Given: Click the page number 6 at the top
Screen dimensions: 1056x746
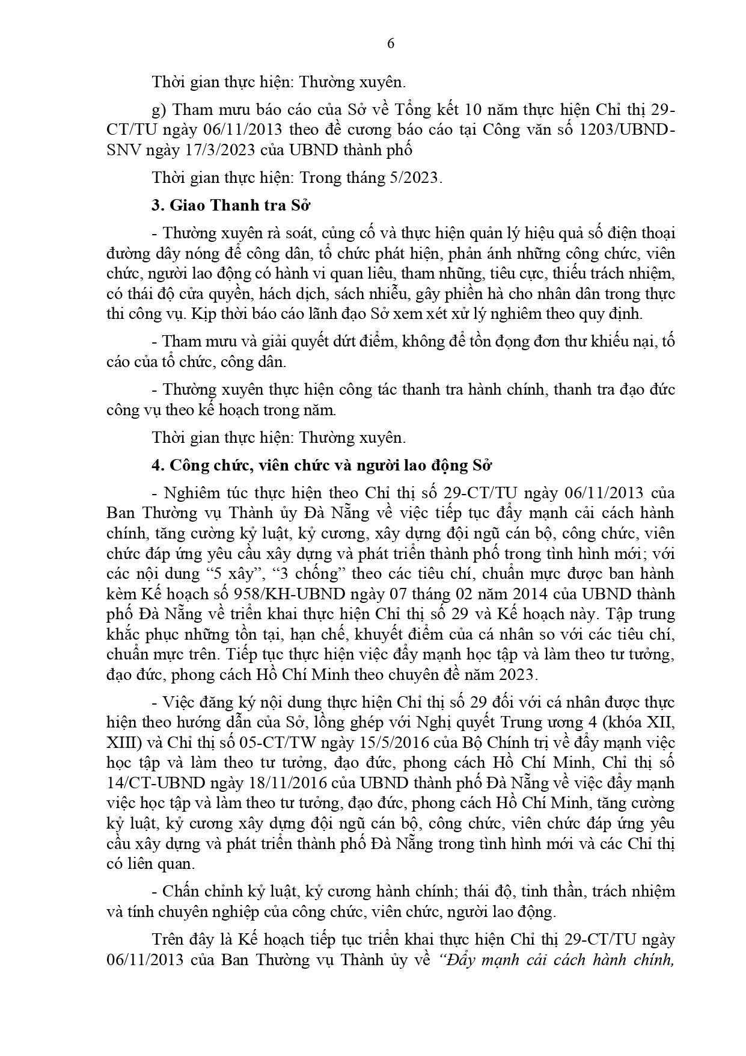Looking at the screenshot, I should coord(391,43).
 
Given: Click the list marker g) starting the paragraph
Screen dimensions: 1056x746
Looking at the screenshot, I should coord(159,110).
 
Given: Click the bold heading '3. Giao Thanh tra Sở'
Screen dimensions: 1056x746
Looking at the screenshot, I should coord(230,205).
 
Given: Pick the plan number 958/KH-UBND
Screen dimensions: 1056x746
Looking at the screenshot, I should coord(295,594).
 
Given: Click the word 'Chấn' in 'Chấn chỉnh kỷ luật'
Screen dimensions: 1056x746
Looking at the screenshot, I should coord(179,891).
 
